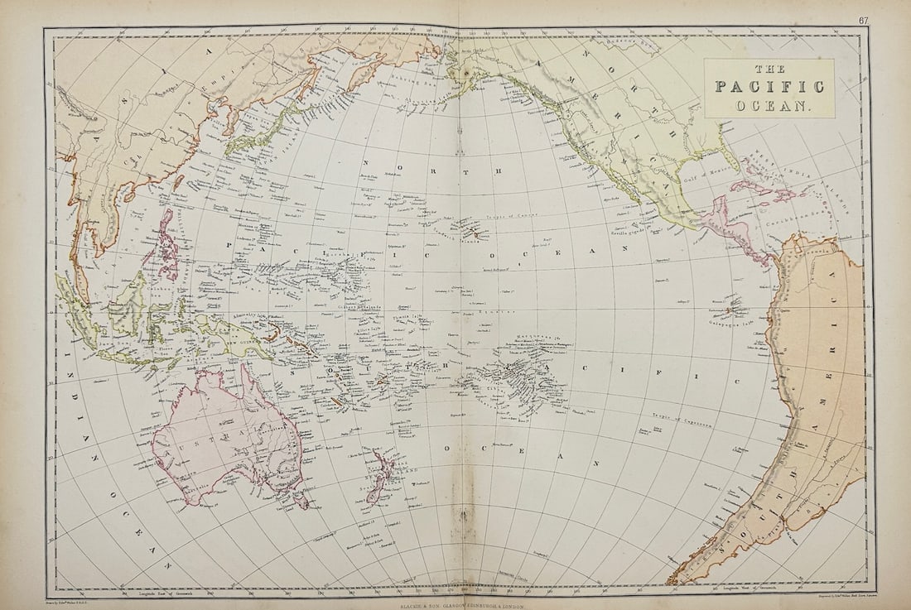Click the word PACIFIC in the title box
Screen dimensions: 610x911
point(769,87)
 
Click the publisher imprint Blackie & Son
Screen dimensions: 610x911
point(455,605)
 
